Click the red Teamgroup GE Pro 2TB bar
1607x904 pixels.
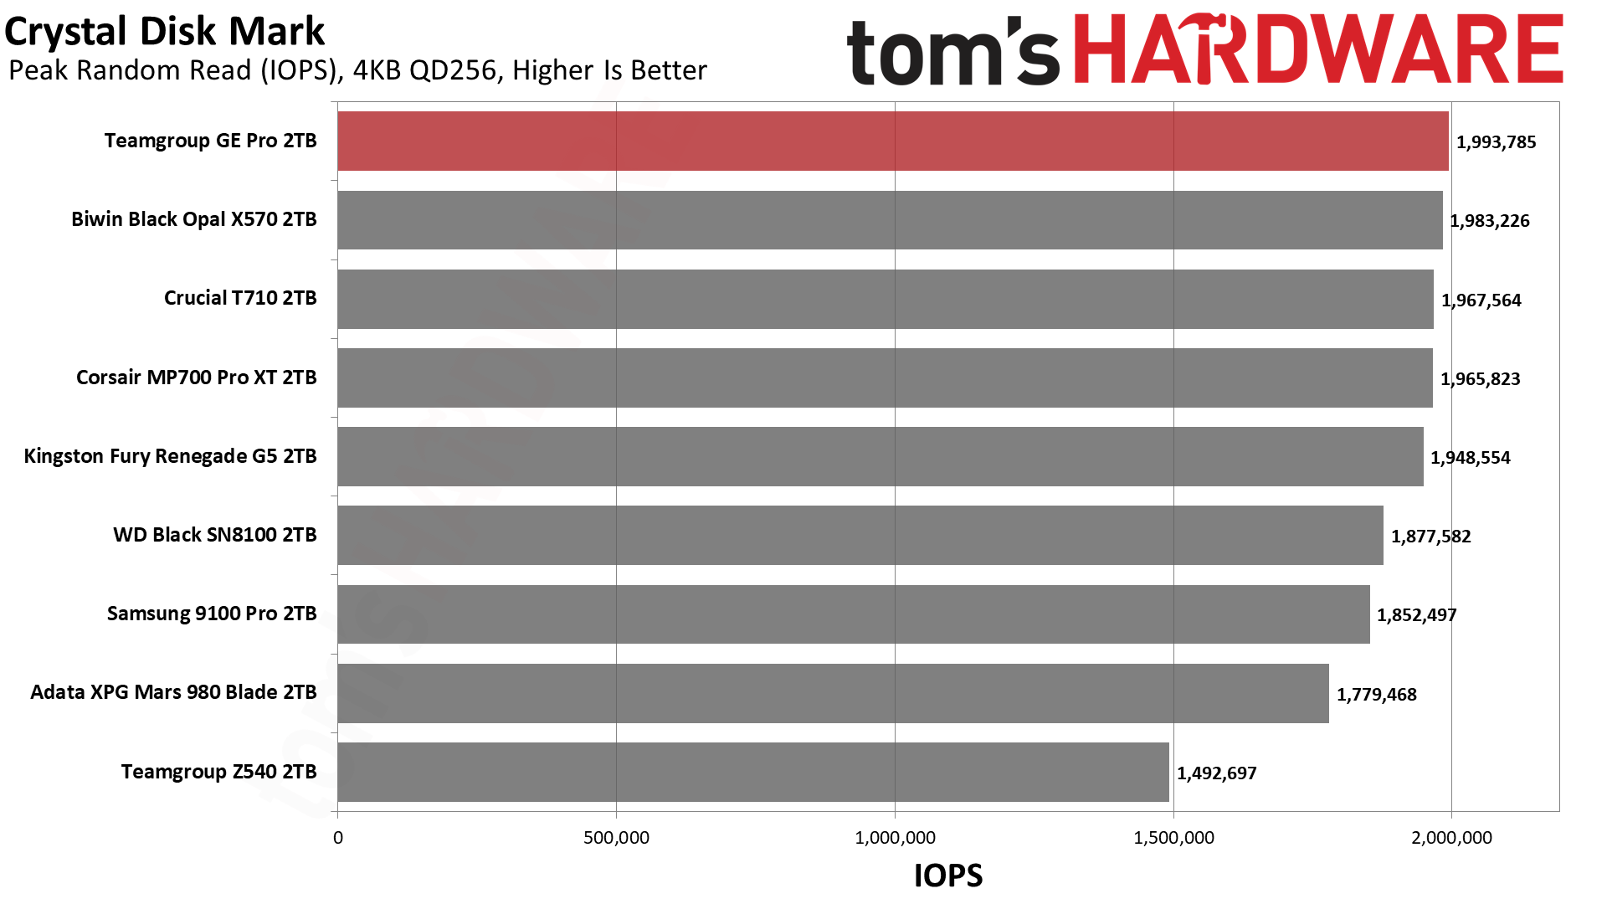(x=892, y=141)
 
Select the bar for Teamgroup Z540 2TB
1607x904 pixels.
(x=753, y=772)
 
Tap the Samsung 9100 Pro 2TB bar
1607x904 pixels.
(x=854, y=614)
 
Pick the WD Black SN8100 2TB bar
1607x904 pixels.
(x=860, y=535)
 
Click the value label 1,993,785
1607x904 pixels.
(x=1496, y=142)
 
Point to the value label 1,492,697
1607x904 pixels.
(x=1216, y=773)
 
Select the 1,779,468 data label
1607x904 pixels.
(x=1376, y=695)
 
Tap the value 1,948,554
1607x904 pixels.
(x=1470, y=458)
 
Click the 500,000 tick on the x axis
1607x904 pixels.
(x=616, y=838)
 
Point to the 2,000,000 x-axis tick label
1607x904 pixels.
(x=1451, y=838)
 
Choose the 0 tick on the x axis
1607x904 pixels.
(x=338, y=838)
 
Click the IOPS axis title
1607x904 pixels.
(x=947, y=876)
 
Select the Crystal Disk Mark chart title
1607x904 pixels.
(x=165, y=32)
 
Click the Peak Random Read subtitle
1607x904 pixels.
(x=357, y=70)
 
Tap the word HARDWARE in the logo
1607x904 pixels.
(x=1317, y=49)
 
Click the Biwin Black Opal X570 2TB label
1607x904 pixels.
(x=193, y=219)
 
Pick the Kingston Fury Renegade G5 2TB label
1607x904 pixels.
(x=170, y=456)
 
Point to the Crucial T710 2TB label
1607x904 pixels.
(x=240, y=298)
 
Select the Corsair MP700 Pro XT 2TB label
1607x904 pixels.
(x=196, y=378)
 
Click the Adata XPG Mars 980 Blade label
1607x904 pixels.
(x=173, y=692)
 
